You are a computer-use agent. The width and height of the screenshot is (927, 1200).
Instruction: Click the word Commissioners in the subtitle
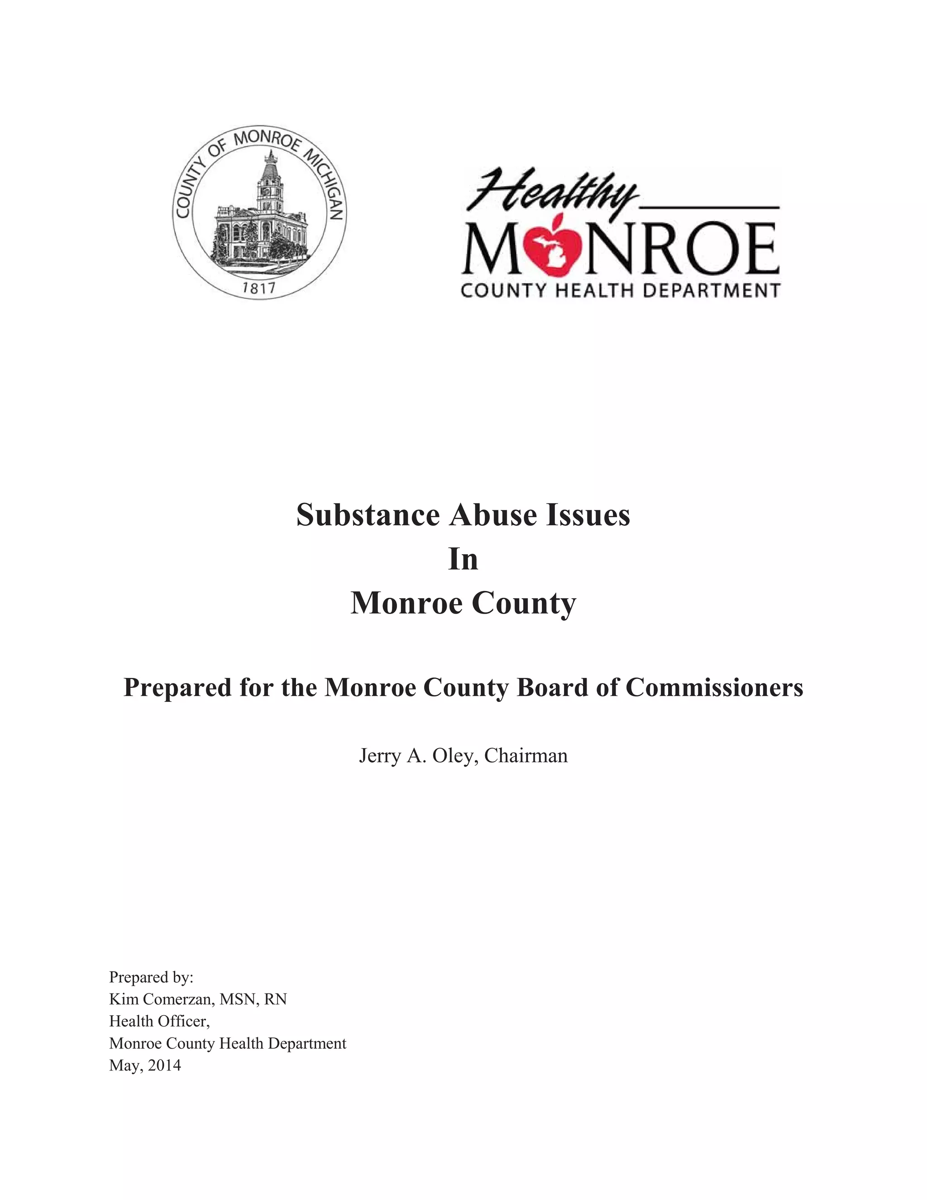[x=714, y=687]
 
